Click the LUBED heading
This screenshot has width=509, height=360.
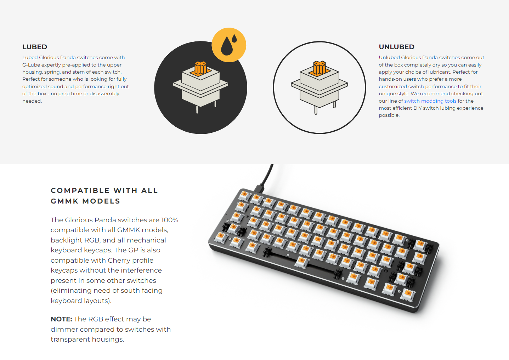35,47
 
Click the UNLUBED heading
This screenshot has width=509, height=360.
396,47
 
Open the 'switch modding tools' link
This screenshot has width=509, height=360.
430,101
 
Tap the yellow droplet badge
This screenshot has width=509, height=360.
229,45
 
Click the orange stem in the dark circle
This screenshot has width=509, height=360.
200,68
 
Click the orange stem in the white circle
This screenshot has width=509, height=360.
319,68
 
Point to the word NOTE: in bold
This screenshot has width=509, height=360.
61,319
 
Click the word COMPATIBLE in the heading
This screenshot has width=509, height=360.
80,190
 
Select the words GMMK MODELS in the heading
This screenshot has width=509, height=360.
85,201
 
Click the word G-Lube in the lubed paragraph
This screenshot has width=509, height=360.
31,65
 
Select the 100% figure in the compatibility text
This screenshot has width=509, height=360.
170,220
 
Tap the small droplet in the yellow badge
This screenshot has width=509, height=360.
234,38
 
